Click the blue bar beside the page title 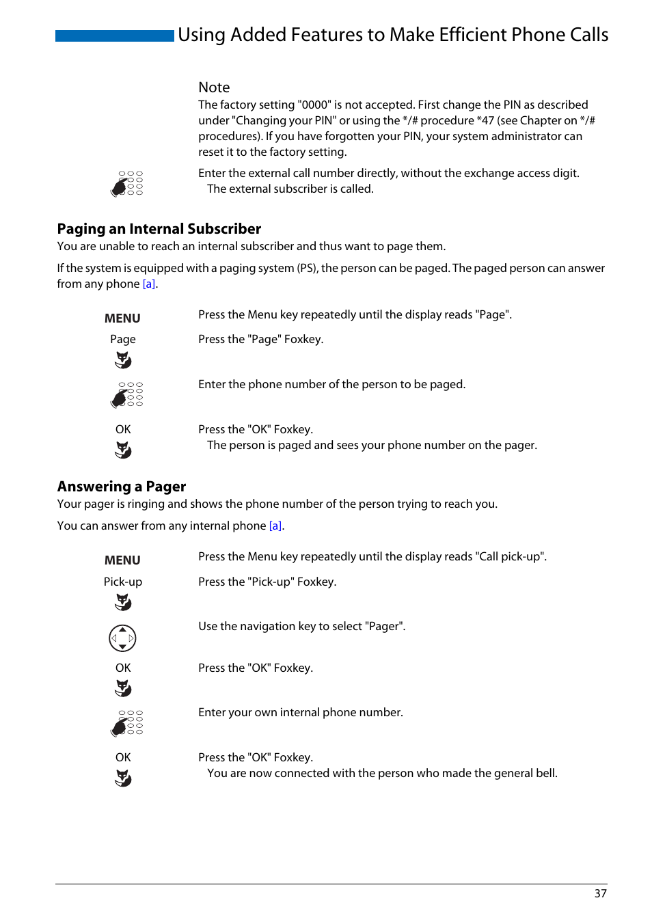pos(114,36)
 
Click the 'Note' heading pos(214,87)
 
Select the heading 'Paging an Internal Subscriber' pos(159,229)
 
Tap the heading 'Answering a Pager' pos(122,487)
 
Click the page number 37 pos(600,893)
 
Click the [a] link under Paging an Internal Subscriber pos(149,284)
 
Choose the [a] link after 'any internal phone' pos(275,526)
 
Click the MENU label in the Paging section pos(122,318)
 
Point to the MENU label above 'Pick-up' pos(122,560)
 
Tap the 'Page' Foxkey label pos(123,339)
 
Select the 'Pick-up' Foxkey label pos(123,582)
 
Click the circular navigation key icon pos(123,638)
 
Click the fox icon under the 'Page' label pos(123,359)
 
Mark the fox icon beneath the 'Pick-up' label pos(123,602)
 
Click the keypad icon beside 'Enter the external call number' pos(127,184)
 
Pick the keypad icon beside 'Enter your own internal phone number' pos(127,723)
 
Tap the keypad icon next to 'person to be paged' pos(127,395)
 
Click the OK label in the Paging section pos(123,429)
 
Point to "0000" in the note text pos(314,105)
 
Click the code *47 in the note pos(485,120)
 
